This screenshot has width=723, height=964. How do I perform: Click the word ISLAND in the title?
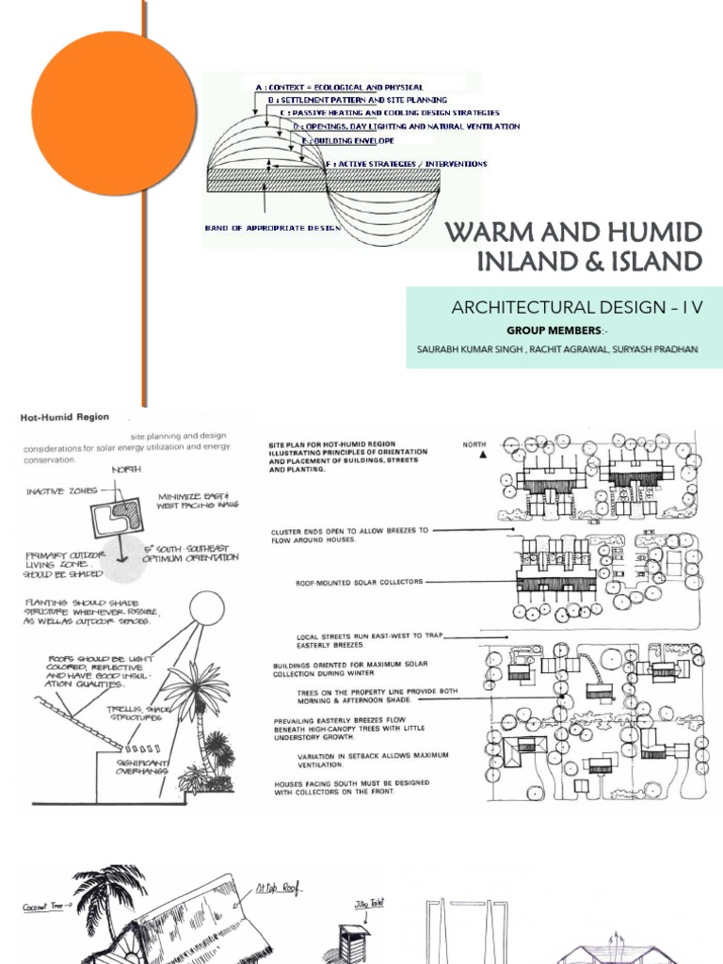tap(640, 262)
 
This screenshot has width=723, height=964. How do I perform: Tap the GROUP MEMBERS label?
tap(552, 330)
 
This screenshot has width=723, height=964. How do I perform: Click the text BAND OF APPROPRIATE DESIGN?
tap(267, 227)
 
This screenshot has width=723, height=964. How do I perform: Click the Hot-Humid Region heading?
tap(63, 416)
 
